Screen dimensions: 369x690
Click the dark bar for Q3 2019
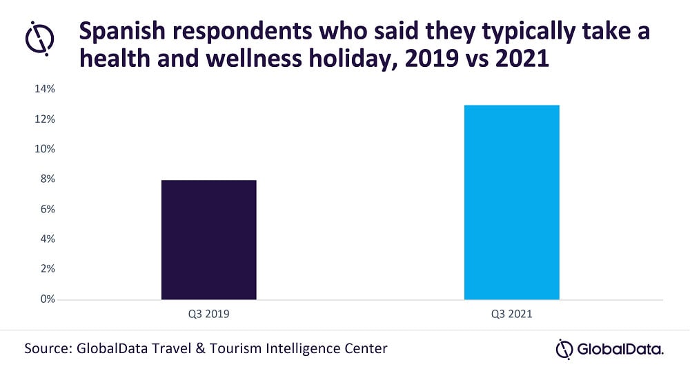point(208,239)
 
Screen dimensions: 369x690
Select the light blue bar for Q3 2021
point(511,202)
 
